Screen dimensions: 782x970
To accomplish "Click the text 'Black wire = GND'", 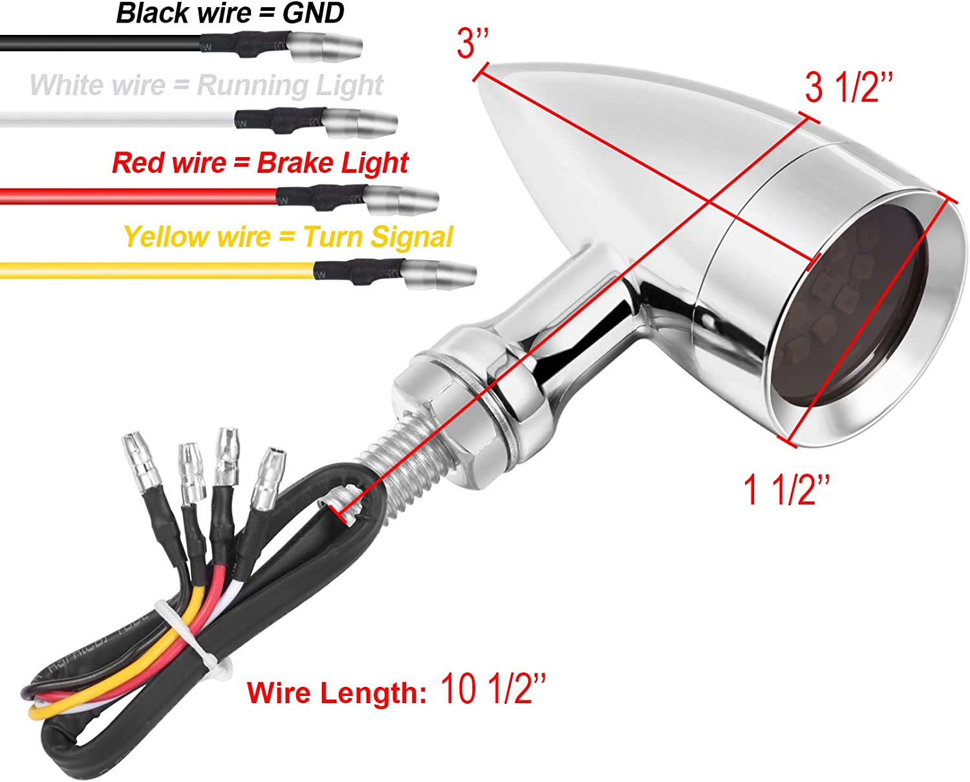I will coord(230,14).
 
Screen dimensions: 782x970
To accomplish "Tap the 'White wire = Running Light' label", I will coord(206,85).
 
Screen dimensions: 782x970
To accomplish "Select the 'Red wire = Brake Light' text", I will coord(260,163).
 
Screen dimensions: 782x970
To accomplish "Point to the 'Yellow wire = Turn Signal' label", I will coord(288,237).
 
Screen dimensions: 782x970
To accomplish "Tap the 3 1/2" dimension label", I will coord(848,87).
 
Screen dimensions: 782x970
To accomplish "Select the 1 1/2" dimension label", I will coord(786,490).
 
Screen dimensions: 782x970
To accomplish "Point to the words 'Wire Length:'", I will coord(336,693).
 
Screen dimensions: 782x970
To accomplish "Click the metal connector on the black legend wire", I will coord(323,47).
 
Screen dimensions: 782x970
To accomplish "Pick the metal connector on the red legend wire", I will coord(402,199).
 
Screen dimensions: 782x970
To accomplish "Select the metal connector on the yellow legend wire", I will coord(440,274).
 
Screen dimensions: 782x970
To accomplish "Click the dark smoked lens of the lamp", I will coord(854,310).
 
